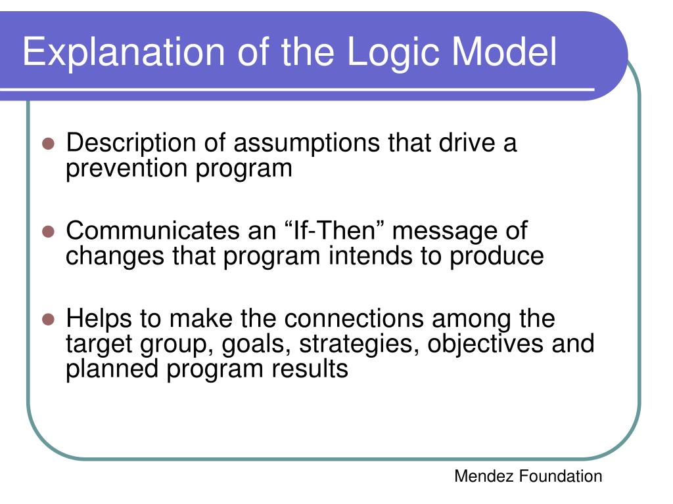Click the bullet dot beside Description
pyautogui.click(x=49, y=144)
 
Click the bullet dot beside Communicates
pyautogui.click(x=49, y=232)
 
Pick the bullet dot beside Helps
pyautogui.click(x=49, y=320)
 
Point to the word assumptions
pyautogui.click(x=306, y=144)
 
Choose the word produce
pyautogui.click(x=497, y=257)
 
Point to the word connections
pyautogui.click(x=354, y=319)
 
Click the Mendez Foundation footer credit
pyautogui.click(x=528, y=476)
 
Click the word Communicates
pyautogui.click(x=152, y=230)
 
